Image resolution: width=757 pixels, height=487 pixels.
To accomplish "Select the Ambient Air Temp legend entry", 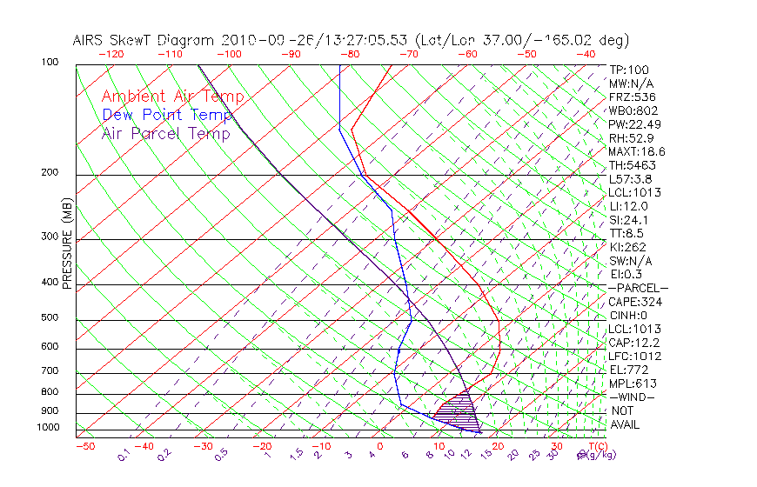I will pos(172,97).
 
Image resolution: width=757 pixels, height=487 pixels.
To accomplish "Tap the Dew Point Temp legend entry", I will pos(167,115).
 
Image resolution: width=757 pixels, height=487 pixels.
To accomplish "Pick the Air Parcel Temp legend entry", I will pos(165,133).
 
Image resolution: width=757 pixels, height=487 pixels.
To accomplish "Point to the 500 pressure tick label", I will pos(50,318).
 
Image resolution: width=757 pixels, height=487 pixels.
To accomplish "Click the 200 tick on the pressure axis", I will pos(50,173).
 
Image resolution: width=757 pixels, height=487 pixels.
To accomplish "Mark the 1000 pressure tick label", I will pos(47,428).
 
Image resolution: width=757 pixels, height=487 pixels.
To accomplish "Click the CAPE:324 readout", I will pos(634,302).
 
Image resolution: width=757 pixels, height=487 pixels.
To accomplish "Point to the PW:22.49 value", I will pos(633,124).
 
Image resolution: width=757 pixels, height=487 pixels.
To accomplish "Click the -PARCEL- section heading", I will pos(637,288).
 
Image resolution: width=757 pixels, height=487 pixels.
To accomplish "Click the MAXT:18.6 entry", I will pos(636,151).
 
